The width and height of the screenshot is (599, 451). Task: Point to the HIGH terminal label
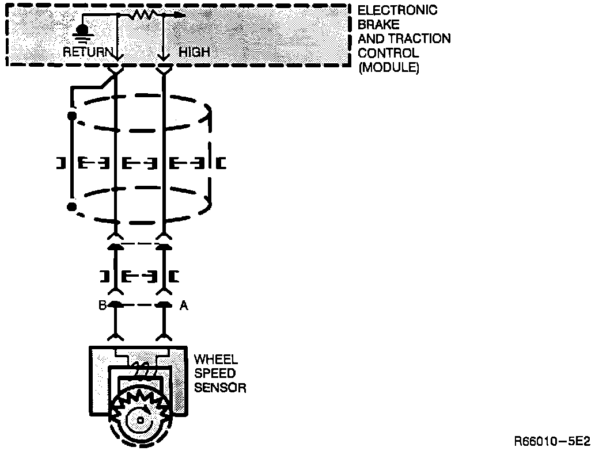194,52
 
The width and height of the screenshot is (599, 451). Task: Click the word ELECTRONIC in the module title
397,11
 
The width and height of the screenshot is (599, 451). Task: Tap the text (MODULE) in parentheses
389,67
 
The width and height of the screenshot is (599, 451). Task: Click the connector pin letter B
102,305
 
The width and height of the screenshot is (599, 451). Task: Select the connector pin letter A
184,305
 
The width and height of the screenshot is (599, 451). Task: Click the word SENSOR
220,387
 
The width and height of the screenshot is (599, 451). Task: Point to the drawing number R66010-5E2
552,441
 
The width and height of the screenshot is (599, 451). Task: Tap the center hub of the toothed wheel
141,420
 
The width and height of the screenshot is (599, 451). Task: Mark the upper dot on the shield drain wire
72,116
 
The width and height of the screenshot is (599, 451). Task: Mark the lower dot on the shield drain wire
71,206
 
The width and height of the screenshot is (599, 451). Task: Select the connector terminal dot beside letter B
116,304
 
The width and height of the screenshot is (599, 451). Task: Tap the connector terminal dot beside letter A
164,304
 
